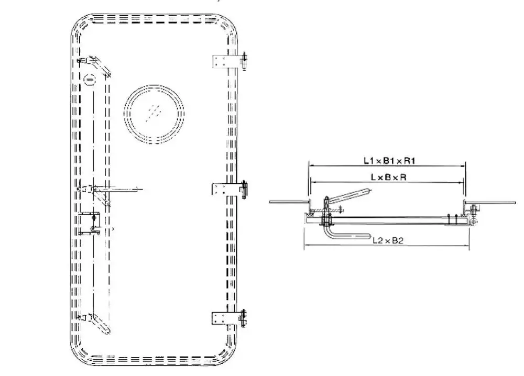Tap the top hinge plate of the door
coord(222,61)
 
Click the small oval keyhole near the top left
coord(90,80)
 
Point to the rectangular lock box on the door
coord(89,223)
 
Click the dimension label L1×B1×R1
coord(389,161)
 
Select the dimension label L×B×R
coord(388,177)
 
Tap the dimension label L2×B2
coord(388,240)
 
